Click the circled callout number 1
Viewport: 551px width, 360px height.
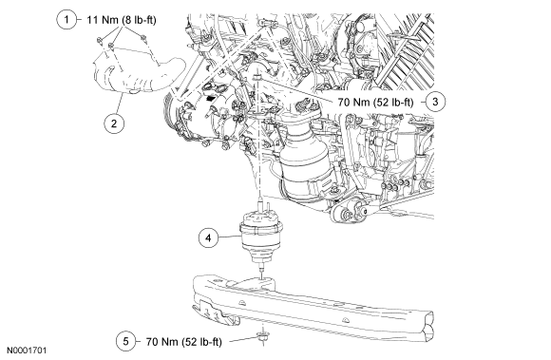[x=66, y=20]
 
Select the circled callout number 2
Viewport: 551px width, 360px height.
[x=114, y=123]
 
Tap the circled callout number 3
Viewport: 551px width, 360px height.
[x=435, y=102]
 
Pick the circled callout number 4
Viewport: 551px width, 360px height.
[x=208, y=237]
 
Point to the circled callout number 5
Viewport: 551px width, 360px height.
[x=126, y=341]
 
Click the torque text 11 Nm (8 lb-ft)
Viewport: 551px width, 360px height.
[x=122, y=20]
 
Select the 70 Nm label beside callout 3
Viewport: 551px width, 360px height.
[x=375, y=103]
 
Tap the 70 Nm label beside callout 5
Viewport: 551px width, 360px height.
[x=183, y=341]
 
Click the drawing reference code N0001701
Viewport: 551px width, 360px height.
[x=27, y=351]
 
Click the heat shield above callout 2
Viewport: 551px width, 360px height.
[x=137, y=74]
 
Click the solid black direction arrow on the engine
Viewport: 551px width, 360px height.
[x=211, y=99]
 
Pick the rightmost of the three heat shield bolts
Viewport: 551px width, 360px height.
[x=142, y=37]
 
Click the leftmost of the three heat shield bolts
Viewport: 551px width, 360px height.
[x=100, y=40]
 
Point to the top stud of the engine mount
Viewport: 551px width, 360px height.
[x=260, y=204]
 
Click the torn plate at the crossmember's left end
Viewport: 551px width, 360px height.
[x=213, y=312]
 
